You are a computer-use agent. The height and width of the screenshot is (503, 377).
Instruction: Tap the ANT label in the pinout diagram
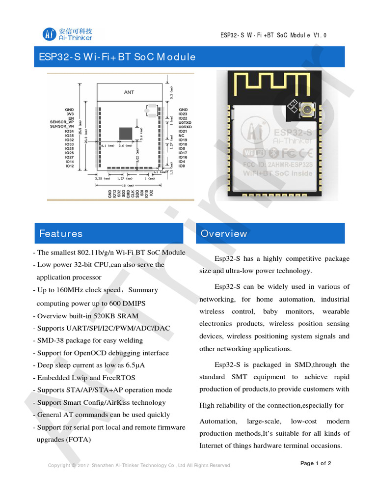(x=129, y=92)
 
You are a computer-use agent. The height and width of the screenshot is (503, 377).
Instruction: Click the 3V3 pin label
(x=70, y=113)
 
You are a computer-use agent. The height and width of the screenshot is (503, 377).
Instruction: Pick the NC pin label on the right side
(x=182, y=135)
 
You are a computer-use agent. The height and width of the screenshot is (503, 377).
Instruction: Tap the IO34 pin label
(x=69, y=131)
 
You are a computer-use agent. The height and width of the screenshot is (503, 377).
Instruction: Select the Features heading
(x=61, y=233)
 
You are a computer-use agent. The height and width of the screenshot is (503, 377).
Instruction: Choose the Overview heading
(x=224, y=233)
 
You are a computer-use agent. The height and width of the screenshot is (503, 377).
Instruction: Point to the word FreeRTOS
(x=119, y=377)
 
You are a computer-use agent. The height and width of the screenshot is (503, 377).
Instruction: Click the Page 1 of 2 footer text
(x=316, y=463)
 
